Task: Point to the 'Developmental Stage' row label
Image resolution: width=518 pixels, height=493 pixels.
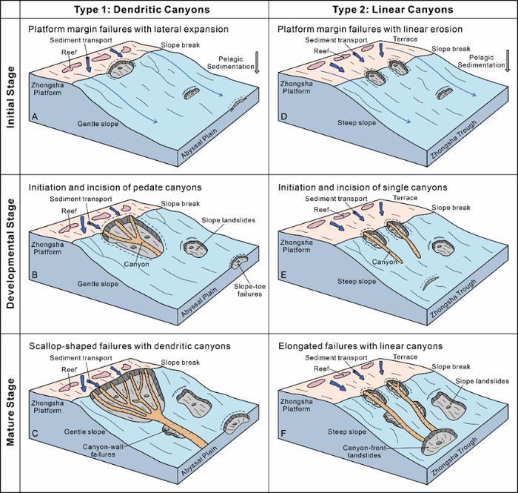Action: click(10, 252)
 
